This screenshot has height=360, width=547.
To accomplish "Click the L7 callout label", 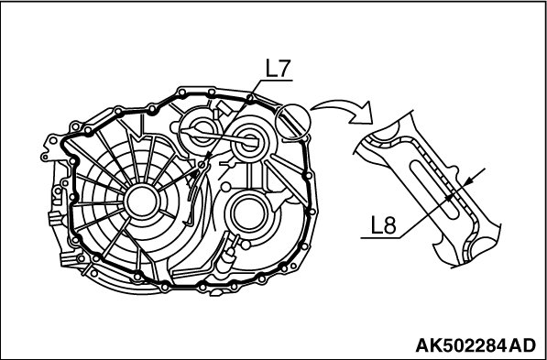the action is point(278,70).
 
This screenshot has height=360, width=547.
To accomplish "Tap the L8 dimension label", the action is point(383,226).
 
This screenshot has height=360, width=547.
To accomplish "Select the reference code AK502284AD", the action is point(476,345).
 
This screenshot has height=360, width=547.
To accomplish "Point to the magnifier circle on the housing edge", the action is point(292,122).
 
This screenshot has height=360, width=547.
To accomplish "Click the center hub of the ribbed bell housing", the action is point(142,202).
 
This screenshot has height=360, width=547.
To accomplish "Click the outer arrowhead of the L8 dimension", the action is point(469,181).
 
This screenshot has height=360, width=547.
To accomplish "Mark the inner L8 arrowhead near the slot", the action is point(450,198).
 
